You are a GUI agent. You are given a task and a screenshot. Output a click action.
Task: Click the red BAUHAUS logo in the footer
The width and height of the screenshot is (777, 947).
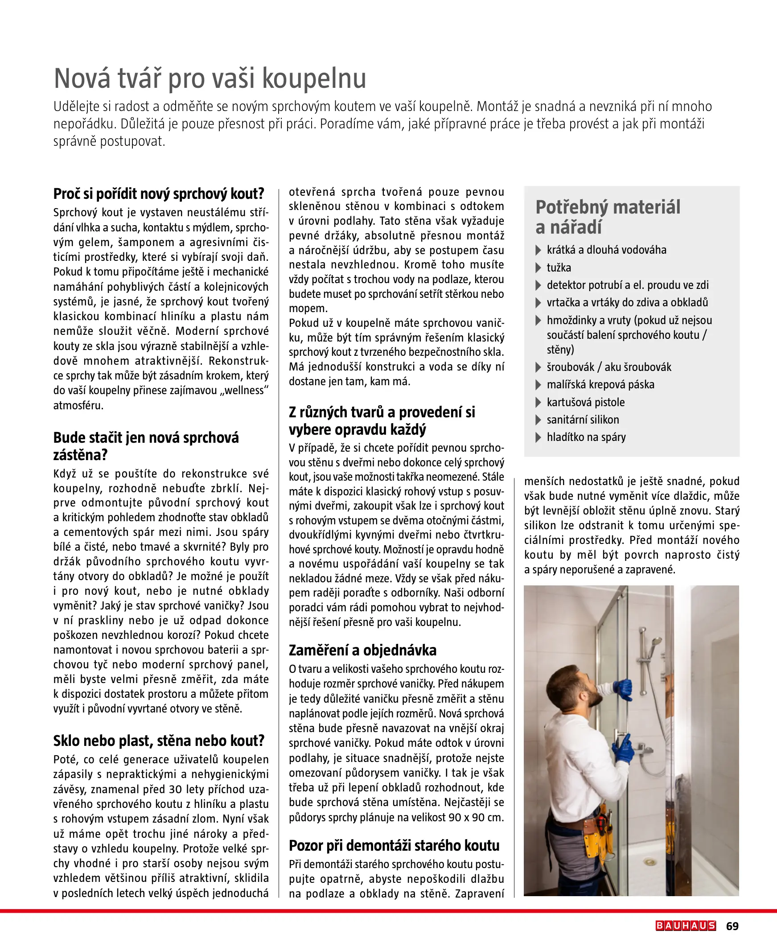[x=686, y=926]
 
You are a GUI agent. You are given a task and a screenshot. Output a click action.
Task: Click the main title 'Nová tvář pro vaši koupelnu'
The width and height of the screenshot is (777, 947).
[x=210, y=78]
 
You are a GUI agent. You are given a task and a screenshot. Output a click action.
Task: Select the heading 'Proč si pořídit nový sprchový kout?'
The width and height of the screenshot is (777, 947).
[x=158, y=194]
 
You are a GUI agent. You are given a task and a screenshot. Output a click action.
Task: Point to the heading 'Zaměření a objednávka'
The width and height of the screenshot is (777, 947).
[x=362, y=650]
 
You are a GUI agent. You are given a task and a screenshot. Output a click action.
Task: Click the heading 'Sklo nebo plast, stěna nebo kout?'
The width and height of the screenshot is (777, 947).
[x=159, y=741]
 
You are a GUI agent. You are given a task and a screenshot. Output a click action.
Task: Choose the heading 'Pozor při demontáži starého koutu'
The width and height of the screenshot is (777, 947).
[x=394, y=845]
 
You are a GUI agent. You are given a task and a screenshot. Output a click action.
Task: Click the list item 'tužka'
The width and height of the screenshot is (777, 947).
[x=559, y=268]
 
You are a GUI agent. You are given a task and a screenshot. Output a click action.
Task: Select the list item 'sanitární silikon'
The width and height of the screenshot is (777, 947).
[x=583, y=420]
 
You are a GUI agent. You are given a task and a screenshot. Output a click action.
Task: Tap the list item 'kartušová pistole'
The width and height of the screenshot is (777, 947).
[x=585, y=402]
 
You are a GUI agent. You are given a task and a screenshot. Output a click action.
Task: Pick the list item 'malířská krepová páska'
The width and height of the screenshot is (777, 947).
[x=600, y=384]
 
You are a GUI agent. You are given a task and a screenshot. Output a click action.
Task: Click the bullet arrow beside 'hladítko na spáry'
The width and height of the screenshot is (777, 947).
[x=539, y=437]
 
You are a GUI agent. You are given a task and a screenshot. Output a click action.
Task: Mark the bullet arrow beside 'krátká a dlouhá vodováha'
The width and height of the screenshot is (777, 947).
[x=539, y=250]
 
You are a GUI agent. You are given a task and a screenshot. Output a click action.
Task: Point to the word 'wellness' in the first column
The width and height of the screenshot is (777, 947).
[x=244, y=391]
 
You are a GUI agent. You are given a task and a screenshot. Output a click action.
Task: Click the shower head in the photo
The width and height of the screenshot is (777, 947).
[x=655, y=643]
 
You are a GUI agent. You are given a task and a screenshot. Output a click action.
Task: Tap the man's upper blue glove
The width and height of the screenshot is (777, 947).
[x=623, y=689]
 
